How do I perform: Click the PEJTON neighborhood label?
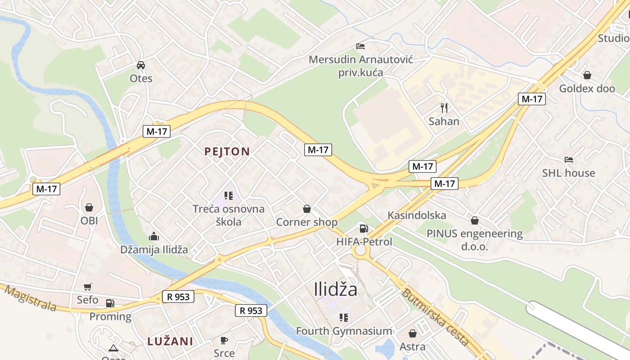point(227,152)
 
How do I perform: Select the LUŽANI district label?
point(170,342)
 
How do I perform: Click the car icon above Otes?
point(141,65)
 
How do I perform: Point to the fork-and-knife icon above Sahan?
point(444,108)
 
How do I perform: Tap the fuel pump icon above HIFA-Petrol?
point(363,229)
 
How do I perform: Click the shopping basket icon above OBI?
point(89,207)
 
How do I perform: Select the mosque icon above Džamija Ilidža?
point(154,236)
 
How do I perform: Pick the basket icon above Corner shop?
point(307,209)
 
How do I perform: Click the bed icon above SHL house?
point(569,160)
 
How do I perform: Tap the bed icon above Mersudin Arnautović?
point(360,46)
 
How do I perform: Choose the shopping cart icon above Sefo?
point(88,287)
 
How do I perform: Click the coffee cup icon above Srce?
point(224,340)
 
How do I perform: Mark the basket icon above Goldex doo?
point(587,75)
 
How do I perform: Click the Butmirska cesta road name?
point(435,317)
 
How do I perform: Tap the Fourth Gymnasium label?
point(344,331)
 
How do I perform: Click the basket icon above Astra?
point(412,333)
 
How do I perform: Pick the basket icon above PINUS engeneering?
point(474,220)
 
